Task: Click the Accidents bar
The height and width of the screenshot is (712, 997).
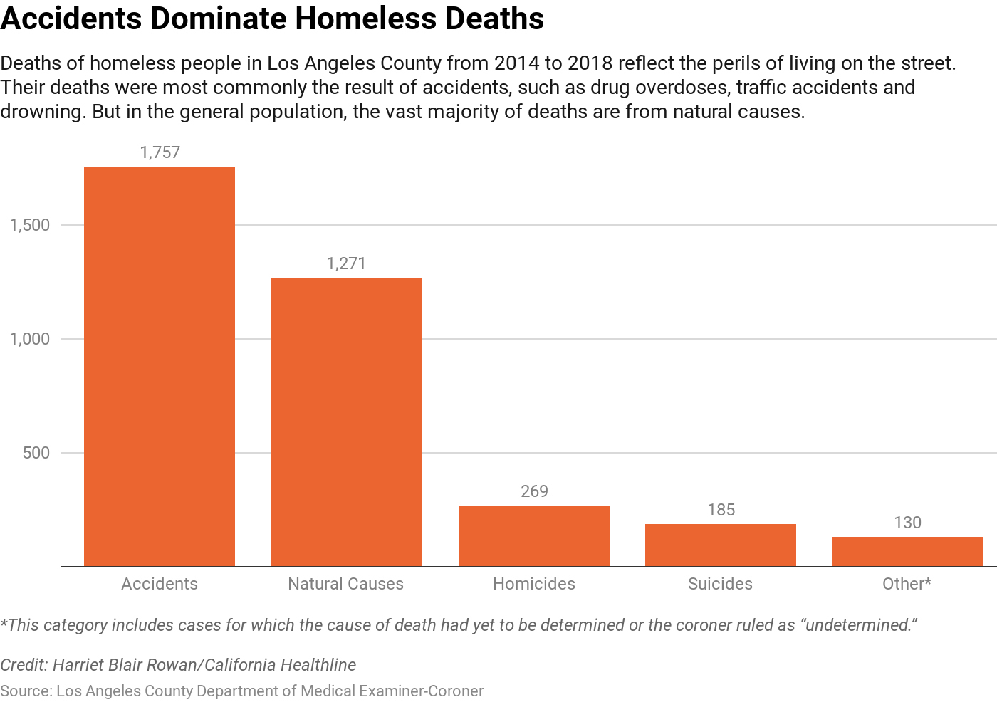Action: coord(160,367)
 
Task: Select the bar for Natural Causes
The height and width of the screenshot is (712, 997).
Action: coord(346,422)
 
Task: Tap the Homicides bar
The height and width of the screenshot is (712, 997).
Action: coord(534,536)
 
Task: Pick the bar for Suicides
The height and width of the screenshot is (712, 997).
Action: coord(721,545)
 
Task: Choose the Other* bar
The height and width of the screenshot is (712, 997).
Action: coord(907,552)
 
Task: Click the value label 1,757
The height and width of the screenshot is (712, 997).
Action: coord(160,152)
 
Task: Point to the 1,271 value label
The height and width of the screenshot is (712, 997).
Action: coord(346,263)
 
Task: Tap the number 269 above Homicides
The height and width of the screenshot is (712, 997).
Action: coord(534,491)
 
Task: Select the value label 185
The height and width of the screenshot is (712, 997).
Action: coord(721,510)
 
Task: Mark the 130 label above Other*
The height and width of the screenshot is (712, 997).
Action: coord(907,523)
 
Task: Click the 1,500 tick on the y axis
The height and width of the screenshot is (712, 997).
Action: coord(30,225)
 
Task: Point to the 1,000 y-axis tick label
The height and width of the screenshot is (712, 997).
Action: coord(30,339)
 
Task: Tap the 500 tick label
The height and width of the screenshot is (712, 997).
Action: coord(36,453)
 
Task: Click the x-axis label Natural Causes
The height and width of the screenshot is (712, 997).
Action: coord(346,584)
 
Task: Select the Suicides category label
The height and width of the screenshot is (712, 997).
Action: coord(720,584)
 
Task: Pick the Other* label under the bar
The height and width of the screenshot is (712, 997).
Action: coord(907,584)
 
